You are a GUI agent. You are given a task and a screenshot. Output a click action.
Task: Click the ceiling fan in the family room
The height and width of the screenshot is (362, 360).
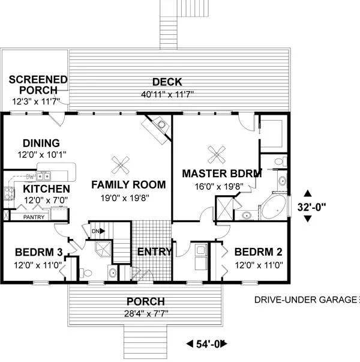pyautogui.click(x=121, y=165)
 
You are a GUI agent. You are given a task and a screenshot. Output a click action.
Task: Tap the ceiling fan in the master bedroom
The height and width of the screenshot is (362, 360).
pyautogui.click(x=217, y=155)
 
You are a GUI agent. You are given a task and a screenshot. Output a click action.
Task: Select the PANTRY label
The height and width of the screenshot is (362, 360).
pyautogui.click(x=34, y=217)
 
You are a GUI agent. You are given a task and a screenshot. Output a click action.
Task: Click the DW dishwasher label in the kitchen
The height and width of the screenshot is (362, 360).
pyautogui.click(x=30, y=177)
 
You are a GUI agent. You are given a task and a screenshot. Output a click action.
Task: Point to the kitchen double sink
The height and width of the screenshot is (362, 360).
pyautogui.click(x=43, y=176)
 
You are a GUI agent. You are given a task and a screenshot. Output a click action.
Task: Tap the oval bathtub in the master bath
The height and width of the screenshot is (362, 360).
pyautogui.click(x=274, y=207)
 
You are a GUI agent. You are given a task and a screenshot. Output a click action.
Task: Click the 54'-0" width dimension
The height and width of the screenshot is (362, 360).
pyautogui.click(x=207, y=344)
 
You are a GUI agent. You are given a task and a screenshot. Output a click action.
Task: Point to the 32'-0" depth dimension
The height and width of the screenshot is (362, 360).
pyautogui.click(x=311, y=207)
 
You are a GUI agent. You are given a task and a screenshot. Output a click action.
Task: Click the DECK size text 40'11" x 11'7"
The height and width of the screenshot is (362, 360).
pyautogui.click(x=167, y=94)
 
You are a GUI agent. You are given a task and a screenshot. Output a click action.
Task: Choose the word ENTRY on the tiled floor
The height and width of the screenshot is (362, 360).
pyautogui.click(x=155, y=252)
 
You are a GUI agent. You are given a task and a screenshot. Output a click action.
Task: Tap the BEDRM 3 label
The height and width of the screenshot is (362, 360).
pyautogui.click(x=39, y=252)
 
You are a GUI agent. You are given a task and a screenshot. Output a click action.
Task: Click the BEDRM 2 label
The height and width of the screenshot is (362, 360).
pyautogui.click(x=258, y=252)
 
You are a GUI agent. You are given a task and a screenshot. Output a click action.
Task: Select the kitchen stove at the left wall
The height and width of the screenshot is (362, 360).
pyautogui.click(x=9, y=193)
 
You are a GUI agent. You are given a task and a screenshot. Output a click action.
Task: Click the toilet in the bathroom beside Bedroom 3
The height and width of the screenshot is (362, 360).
pyautogui.click(x=86, y=273)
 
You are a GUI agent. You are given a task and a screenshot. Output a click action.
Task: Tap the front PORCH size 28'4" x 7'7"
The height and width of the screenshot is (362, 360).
pyautogui.click(x=146, y=313)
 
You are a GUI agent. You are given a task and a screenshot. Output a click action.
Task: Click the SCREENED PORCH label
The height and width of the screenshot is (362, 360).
pyautogui.click(x=38, y=85)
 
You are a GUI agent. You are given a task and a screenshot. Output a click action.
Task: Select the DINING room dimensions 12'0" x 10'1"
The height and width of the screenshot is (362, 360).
pyautogui.click(x=42, y=154)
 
